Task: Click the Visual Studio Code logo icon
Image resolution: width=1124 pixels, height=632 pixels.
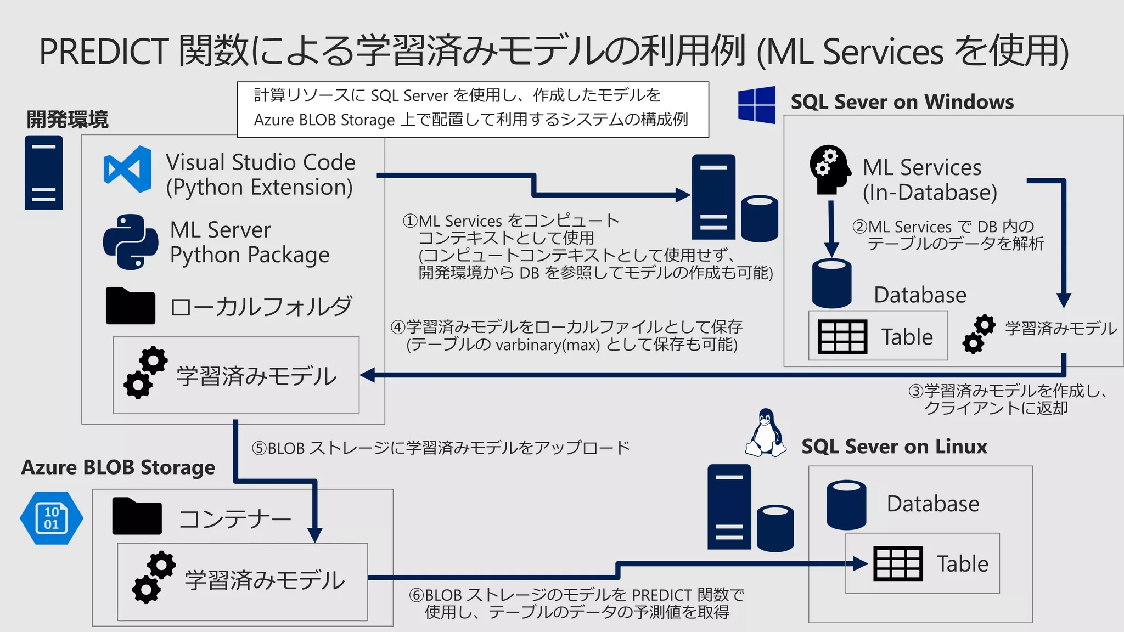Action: coord(128,170)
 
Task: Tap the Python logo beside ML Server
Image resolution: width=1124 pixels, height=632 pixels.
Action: coord(131,242)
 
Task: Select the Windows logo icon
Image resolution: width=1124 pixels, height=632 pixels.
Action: coord(756,104)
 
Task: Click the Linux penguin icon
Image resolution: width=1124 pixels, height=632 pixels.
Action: coord(765,433)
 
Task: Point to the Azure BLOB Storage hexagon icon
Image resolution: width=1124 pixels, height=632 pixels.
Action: coord(52,518)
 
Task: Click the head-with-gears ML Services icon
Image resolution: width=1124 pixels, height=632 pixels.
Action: coord(829,169)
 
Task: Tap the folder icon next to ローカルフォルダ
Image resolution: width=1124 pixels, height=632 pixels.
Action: coord(130,306)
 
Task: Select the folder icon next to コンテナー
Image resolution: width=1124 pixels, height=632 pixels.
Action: coord(137,516)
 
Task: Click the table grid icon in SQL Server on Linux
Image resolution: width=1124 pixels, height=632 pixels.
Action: coord(898,563)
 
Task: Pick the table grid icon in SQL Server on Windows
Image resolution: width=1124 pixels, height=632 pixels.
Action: coord(842,336)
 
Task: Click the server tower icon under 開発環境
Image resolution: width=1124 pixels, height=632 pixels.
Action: coord(44,173)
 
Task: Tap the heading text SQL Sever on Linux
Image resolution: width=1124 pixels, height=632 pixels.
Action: coord(894,447)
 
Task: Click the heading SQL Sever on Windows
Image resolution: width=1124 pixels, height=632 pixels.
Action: coord(902,102)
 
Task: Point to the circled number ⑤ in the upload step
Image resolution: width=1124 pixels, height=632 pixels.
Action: coord(259,448)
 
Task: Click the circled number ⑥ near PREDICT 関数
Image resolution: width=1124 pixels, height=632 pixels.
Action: coord(417,595)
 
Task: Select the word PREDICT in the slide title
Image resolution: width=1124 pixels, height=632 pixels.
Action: coord(104,52)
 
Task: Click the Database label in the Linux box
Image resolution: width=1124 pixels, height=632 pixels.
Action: coord(932,504)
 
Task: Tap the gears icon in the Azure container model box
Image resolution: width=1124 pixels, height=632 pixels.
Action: coord(153,578)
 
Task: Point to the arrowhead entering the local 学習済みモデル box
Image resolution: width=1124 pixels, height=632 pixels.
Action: coord(367,375)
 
